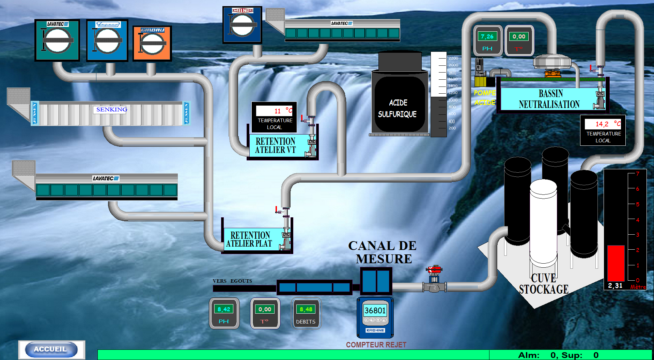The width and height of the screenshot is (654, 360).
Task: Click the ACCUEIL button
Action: (50, 349)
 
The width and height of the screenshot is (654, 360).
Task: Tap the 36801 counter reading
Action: (375, 310)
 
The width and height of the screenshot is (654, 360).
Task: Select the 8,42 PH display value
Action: (224, 309)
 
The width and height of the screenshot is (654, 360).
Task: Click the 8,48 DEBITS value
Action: (306, 309)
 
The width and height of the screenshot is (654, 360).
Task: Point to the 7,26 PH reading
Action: (487, 36)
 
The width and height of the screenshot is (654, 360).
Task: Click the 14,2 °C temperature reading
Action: (602, 124)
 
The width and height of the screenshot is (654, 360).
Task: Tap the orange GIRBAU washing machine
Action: (152, 44)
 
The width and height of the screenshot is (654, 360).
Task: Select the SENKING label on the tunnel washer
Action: (111, 109)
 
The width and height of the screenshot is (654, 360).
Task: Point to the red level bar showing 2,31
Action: (616, 263)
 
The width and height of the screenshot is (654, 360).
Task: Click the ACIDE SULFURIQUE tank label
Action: (398, 108)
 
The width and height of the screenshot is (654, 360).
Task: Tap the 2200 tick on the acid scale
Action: (453, 58)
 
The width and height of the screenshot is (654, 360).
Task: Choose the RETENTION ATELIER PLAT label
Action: (250, 239)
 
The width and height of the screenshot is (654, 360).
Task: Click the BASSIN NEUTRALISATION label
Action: (549, 99)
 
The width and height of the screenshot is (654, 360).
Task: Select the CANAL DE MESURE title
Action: (383, 252)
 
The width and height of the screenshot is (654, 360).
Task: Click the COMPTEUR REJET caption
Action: (376, 345)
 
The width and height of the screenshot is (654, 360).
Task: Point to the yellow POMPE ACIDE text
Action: (485, 97)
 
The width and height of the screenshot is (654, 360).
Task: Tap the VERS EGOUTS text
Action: (232, 281)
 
